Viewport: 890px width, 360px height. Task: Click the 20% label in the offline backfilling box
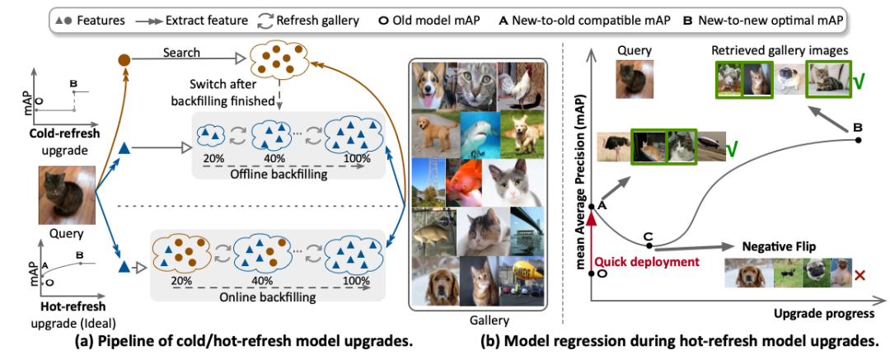[213, 158]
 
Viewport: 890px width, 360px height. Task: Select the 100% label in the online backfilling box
[356, 281]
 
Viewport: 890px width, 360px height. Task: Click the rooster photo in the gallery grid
[520, 85]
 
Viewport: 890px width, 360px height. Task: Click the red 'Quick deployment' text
[646, 262]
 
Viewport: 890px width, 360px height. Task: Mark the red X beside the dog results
[860, 275]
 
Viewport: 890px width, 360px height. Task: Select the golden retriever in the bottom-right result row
[746, 274]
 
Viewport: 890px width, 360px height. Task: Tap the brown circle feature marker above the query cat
[124, 59]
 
